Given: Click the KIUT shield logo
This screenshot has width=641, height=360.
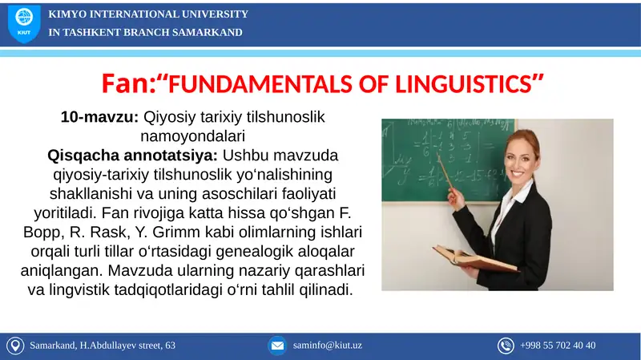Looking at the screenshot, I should (22, 24).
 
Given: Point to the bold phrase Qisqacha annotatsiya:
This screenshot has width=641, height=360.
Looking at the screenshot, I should (116, 154).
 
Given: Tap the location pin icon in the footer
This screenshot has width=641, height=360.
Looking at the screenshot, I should (14, 346).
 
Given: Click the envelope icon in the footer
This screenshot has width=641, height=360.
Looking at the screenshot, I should (277, 346).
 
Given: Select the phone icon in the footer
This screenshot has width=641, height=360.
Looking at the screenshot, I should (506, 346).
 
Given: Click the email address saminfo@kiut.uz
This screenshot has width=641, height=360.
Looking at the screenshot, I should (328, 346).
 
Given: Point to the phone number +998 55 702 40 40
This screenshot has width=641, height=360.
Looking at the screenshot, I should (558, 346).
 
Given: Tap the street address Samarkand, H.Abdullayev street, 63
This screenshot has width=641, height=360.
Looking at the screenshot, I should (103, 346).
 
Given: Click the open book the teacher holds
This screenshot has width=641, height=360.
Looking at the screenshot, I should (465, 259).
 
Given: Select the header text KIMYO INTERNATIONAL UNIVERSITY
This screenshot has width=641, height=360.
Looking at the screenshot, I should (148, 14).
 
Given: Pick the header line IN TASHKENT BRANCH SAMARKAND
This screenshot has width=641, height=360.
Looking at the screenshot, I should (145, 32).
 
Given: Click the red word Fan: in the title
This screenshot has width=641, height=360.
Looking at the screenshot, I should (127, 83).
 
